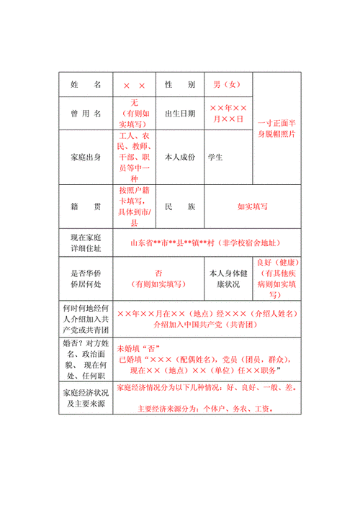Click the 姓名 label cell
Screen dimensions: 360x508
coord(86,85)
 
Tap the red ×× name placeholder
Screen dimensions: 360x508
coord(135,85)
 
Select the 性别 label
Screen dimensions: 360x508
coord(180,85)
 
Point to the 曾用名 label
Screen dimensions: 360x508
coord(86,114)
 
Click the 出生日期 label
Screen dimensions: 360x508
coord(180,114)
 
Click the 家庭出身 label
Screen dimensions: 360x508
coord(86,156)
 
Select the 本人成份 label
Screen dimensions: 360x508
coord(180,156)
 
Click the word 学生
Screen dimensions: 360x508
coord(215,156)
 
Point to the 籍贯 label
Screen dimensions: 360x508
coord(86,207)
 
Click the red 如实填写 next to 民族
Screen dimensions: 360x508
coord(253,207)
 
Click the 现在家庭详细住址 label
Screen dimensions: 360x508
coord(86,243)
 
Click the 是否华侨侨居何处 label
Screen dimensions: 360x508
coord(86,278)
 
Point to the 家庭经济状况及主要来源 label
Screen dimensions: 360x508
coord(86,398)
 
